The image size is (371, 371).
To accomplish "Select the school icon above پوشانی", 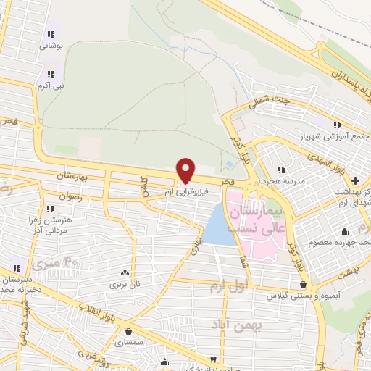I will coord(51,33).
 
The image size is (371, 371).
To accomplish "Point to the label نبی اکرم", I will coord(51,86).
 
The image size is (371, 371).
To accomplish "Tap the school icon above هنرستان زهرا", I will coord(50,209).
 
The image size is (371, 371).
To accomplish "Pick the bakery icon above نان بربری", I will coord(126,272).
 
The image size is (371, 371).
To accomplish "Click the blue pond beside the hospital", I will coord(217,225).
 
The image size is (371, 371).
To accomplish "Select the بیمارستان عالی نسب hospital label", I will coord(257,217).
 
